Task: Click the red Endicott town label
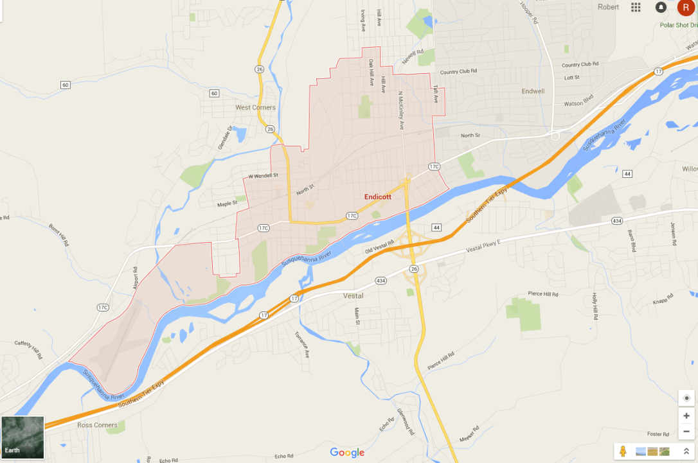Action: (x=377, y=197)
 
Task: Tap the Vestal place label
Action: (x=353, y=296)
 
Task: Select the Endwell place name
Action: (x=533, y=91)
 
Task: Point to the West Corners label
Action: (x=255, y=107)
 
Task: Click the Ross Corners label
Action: (x=97, y=425)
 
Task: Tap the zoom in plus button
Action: (x=686, y=415)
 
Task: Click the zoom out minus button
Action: (x=686, y=432)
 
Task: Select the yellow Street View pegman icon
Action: (x=622, y=451)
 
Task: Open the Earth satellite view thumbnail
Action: (x=22, y=437)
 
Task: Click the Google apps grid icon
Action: (x=636, y=7)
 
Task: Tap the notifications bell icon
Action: (x=661, y=7)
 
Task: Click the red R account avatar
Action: (x=685, y=7)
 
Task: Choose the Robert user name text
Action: (x=608, y=7)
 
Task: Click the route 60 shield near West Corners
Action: (x=214, y=94)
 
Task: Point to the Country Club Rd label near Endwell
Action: (x=580, y=64)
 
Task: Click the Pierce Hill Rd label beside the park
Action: (x=543, y=294)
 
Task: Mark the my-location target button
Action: (x=686, y=398)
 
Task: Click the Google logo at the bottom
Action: (x=347, y=453)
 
